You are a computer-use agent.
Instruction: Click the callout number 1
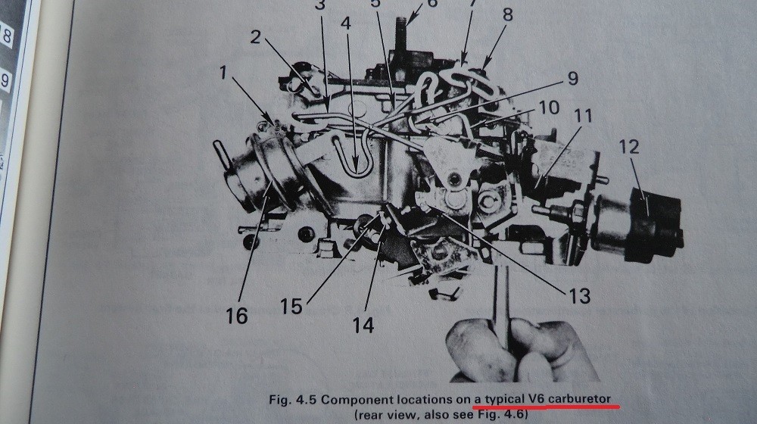tap(223, 73)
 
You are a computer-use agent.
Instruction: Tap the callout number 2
tap(255, 36)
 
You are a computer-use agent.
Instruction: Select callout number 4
tap(346, 23)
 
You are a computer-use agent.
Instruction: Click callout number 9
tap(572, 78)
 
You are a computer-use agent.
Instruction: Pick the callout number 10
tap(549, 108)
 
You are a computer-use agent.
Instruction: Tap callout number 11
tap(583, 115)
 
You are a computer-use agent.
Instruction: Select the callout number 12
tap(628, 147)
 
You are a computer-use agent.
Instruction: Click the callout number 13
tap(579, 296)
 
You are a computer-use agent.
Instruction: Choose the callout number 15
tap(291, 306)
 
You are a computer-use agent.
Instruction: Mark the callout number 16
tap(236, 316)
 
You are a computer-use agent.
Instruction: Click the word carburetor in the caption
tap(579, 399)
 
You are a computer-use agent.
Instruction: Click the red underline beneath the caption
tap(546, 407)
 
